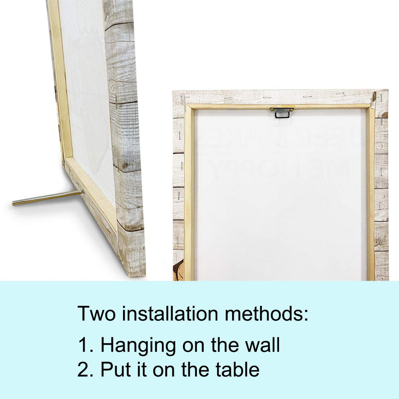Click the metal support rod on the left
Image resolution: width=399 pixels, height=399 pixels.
(x=48, y=197)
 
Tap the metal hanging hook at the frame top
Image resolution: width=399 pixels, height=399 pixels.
(x=282, y=113)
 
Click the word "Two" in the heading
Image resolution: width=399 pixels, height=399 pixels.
(x=96, y=313)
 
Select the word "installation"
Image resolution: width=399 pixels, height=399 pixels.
(x=170, y=313)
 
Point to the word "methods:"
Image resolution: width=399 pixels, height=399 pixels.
(x=266, y=313)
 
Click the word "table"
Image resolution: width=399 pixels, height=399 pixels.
(x=238, y=369)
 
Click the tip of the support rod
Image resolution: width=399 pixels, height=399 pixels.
(x=13, y=203)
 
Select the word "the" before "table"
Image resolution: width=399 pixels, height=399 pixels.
(x=195, y=369)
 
